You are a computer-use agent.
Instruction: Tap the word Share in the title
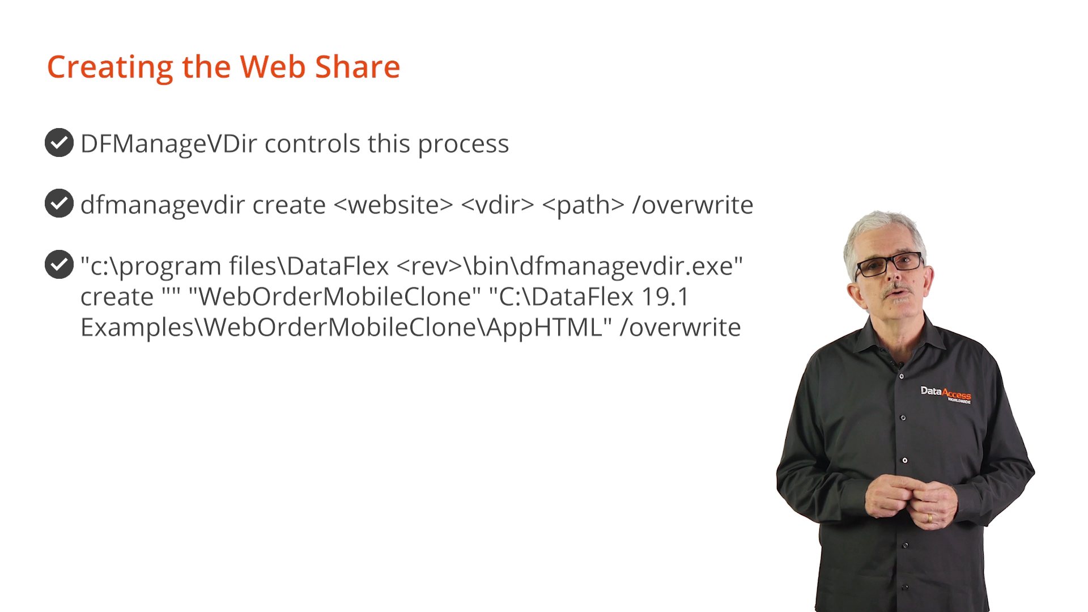click(358, 67)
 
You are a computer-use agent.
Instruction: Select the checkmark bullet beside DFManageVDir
click(59, 142)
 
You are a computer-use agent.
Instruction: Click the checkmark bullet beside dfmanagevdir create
click(59, 203)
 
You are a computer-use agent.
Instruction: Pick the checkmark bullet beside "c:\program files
click(59, 264)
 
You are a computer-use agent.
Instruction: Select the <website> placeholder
click(394, 205)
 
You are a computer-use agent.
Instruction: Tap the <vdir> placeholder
click(498, 205)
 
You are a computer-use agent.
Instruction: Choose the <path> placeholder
click(583, 205)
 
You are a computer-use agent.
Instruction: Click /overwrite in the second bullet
click(692, 205)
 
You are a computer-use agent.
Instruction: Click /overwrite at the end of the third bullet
click(680, 327)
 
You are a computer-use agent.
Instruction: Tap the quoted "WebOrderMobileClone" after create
click(334, 296)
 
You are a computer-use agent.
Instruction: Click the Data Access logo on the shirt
click(945, 394)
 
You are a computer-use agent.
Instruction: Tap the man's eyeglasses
click(889, 263)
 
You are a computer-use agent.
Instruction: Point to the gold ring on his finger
click(929, 518)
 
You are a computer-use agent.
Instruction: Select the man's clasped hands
click(909, 499)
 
